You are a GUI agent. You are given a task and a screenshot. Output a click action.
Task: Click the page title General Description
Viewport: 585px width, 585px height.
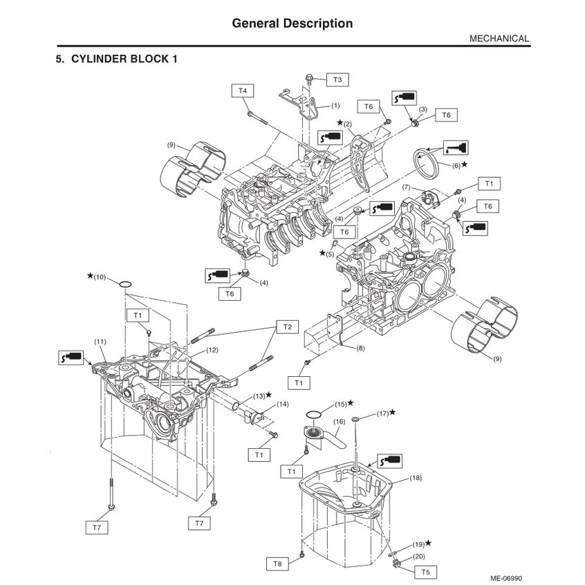pos(292,24)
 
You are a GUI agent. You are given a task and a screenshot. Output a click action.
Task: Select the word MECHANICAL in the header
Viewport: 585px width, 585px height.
pos(499,39)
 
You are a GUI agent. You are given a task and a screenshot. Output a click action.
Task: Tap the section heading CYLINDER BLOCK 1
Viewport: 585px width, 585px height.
pos(116,59)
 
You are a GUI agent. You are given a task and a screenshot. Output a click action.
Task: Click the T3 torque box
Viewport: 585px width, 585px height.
pos(337,80)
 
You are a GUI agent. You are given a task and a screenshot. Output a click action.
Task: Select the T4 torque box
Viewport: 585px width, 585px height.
pos(242,90)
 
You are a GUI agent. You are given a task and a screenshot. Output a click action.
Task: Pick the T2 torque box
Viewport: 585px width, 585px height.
pos(288,326)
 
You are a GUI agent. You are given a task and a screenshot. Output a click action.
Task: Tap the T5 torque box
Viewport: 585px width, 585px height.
pos(425,572)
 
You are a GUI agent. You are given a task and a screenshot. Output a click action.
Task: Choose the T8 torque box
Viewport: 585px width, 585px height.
pos(277,564)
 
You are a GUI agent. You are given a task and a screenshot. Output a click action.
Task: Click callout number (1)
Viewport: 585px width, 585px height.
pos(335,106)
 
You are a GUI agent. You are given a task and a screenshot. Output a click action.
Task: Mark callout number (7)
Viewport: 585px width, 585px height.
pos(407,187)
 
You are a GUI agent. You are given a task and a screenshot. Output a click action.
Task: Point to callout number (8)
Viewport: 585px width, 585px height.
pos(360,349)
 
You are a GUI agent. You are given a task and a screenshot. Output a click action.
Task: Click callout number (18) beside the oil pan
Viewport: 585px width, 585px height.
pos(416,478)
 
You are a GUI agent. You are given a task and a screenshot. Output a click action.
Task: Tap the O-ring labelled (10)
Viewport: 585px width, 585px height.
pos(125,284)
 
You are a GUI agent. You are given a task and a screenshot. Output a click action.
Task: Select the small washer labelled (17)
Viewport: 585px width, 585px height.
pos(355,419)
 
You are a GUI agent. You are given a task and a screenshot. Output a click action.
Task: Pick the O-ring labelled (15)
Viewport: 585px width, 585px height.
pos(313,414)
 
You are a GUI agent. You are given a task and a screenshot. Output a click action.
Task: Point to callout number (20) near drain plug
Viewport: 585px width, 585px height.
pos(419,556)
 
